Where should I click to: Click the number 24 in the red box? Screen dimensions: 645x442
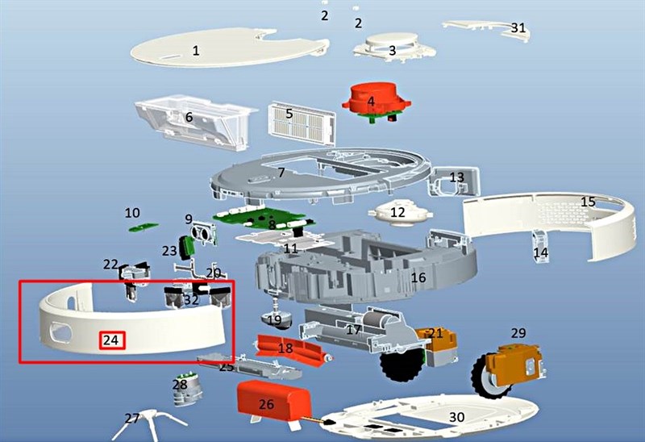[x=111, y=340]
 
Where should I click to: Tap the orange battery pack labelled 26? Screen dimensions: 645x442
[x=273, y=402]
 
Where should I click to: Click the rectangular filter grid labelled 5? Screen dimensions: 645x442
[x=301, y=123]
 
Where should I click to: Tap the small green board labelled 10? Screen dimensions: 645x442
[x=144, y=227]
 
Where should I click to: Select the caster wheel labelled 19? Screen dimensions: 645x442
[x=276, y=320]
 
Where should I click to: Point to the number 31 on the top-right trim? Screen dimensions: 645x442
[x=518, y=27]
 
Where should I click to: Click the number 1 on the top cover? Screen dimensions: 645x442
[x=196, y=51]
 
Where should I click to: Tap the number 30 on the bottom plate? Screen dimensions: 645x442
[x=456, y=417]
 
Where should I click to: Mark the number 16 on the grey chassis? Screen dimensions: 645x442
[x=418, y=277]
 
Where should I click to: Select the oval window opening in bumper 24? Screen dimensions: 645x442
[x=60, y=331]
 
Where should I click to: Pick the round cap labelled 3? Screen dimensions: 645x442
[x=394, y=46]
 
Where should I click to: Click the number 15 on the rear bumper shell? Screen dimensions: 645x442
[x=589, y=202]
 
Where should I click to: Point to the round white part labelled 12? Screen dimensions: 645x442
[x=400, y=213]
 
